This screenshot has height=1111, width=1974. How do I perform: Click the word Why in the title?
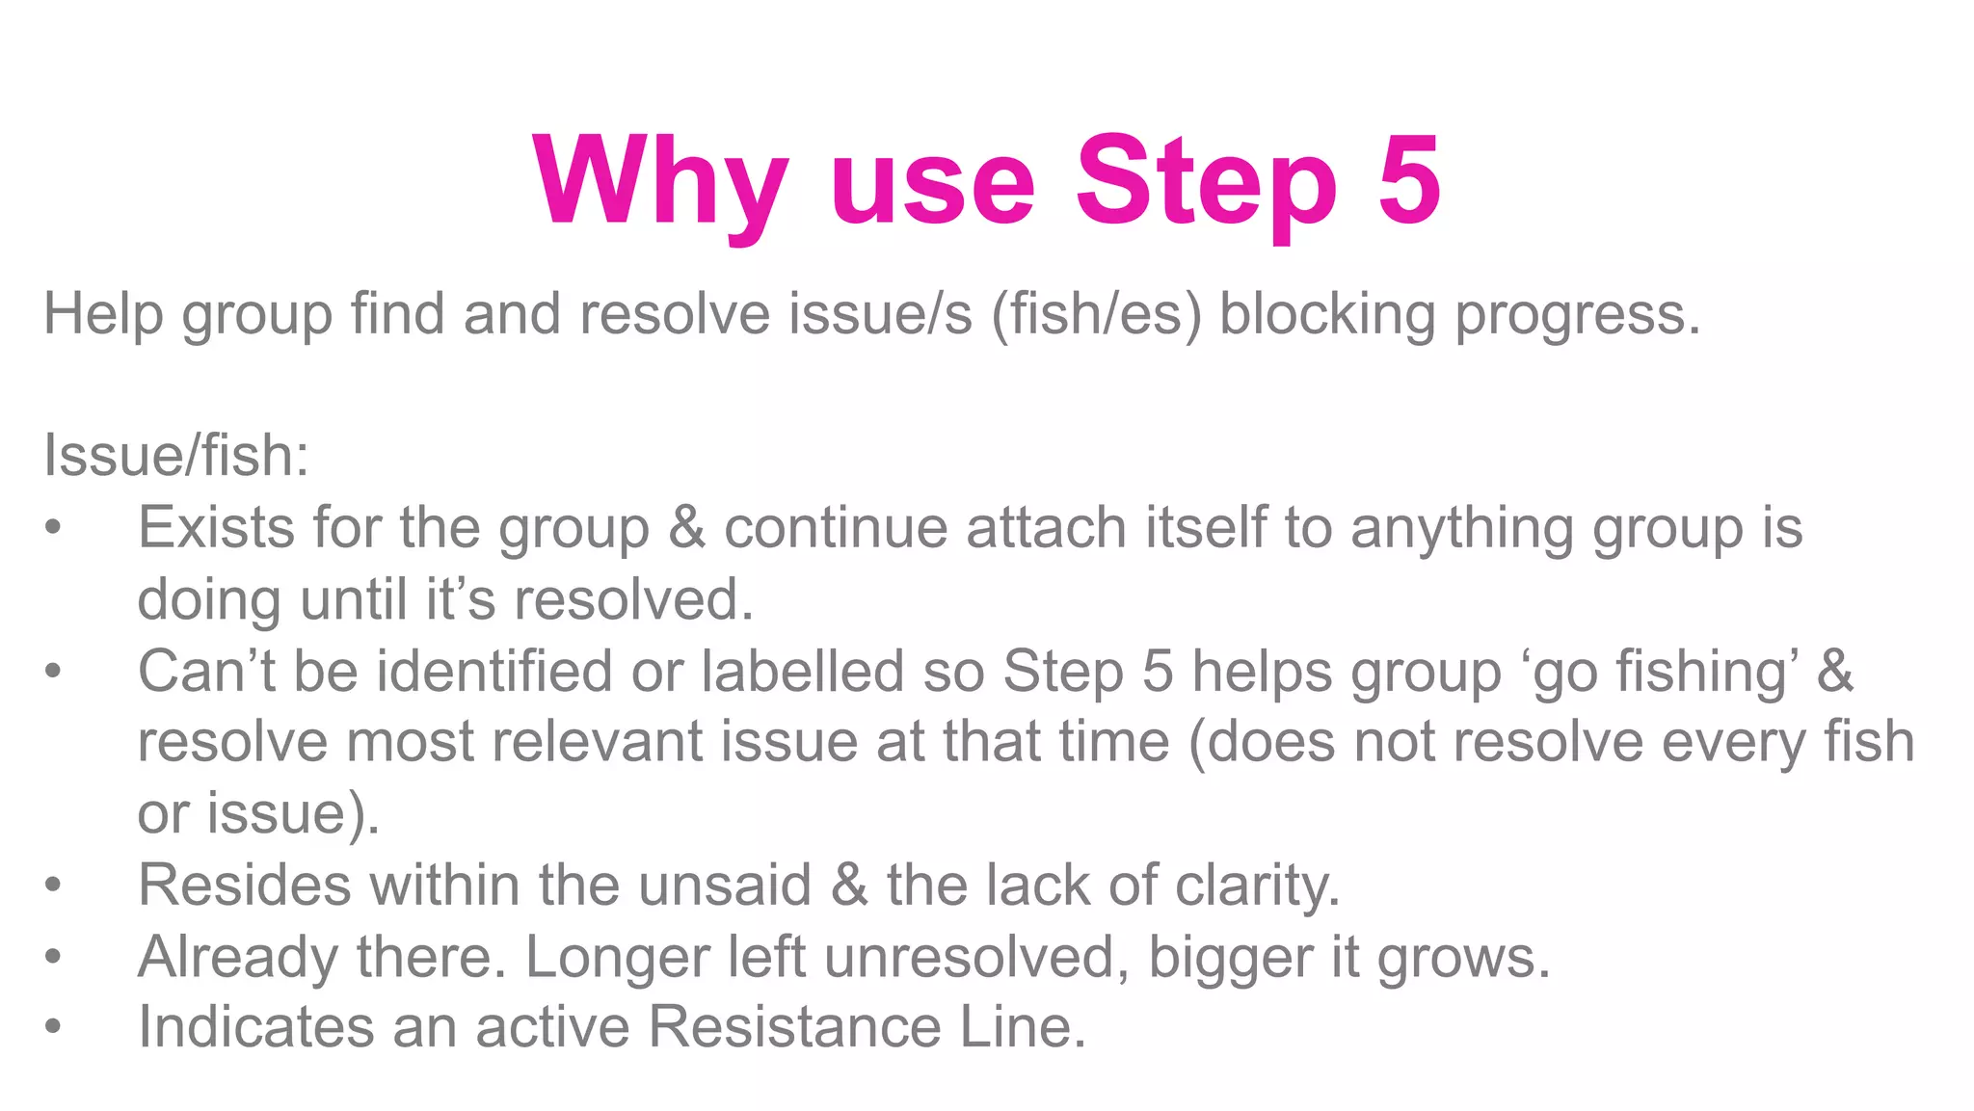[660, 183]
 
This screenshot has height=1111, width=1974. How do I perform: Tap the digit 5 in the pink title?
[1409, 179]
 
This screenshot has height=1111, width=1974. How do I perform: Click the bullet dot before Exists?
[53, 528]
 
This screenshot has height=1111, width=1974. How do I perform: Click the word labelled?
[802, 671]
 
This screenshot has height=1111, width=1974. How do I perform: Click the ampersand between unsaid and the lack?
[849, 885]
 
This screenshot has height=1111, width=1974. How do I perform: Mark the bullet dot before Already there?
[53, 957]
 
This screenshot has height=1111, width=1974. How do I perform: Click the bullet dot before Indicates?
[53, 1027]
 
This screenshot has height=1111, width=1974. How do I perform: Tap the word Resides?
[245, 885]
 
